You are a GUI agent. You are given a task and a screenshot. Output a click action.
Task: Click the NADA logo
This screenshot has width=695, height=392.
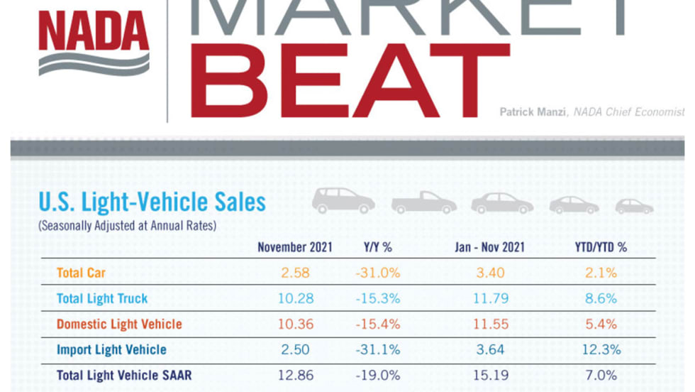94,43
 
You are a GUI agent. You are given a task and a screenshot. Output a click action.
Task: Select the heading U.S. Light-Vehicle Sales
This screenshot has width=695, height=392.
152,202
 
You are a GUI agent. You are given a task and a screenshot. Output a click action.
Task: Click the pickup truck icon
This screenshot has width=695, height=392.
424,202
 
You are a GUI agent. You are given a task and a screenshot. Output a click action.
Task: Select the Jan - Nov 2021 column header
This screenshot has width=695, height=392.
489,247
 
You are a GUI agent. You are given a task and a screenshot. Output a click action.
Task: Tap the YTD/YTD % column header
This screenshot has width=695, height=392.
601,247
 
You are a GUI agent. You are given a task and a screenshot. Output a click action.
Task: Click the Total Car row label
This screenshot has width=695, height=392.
81,273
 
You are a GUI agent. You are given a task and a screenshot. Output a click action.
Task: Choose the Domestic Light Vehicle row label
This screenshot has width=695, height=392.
119,325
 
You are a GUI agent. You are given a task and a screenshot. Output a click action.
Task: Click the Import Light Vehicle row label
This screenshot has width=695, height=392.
111,349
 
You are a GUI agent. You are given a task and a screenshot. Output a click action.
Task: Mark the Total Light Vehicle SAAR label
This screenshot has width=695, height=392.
124,375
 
